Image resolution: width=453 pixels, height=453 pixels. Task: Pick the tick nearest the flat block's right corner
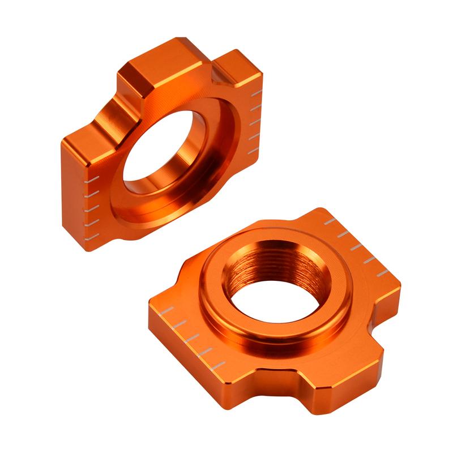[382, 272]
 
